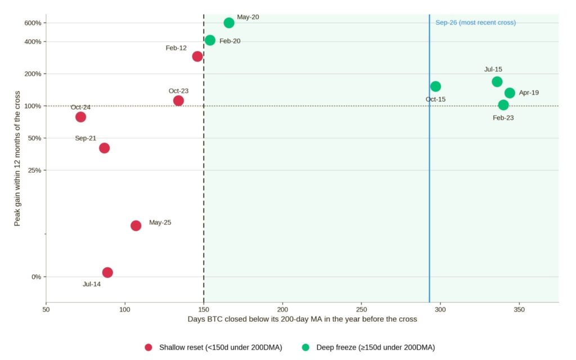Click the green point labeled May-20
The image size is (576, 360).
pos(229,22)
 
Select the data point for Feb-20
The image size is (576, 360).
pos(210,40)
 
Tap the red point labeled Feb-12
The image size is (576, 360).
pos(197,56)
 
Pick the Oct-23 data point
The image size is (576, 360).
pos(178,101)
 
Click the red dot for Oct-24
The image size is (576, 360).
pos(81,117)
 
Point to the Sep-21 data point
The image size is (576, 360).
pos(104,148)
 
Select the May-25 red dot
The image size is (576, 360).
pos(136,226)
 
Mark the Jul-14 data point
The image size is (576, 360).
pos(107,272)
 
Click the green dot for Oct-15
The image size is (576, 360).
pos(435,86)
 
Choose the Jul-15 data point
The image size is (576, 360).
pos(497,82)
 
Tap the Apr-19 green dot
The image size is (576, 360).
pos(510,93)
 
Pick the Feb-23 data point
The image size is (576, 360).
pos(503,105)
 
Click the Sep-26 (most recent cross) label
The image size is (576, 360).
pos(475,22)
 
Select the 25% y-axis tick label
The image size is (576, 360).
pos(34,170)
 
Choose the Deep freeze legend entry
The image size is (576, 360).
pos(368,347)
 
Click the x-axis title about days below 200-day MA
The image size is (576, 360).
pos(302,319)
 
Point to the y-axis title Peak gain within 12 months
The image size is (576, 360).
pos(17,159)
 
